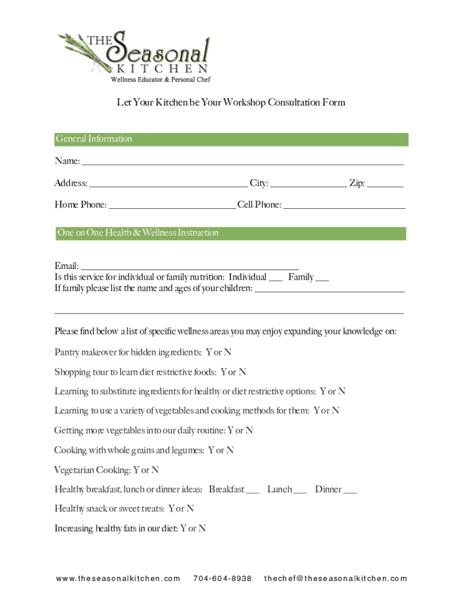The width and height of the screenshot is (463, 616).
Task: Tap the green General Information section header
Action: coord(231,140)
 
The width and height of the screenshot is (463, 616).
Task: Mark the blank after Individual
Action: coord(275,279)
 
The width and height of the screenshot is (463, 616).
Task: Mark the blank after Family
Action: coord(322,279)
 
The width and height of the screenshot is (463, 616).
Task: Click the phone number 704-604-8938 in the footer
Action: coord(222,579)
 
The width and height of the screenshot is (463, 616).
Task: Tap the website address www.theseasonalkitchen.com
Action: coord(118,579)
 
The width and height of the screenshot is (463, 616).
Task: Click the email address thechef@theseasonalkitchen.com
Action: coord(336,579)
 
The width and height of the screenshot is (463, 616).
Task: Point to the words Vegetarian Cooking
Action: coord(92,470)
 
